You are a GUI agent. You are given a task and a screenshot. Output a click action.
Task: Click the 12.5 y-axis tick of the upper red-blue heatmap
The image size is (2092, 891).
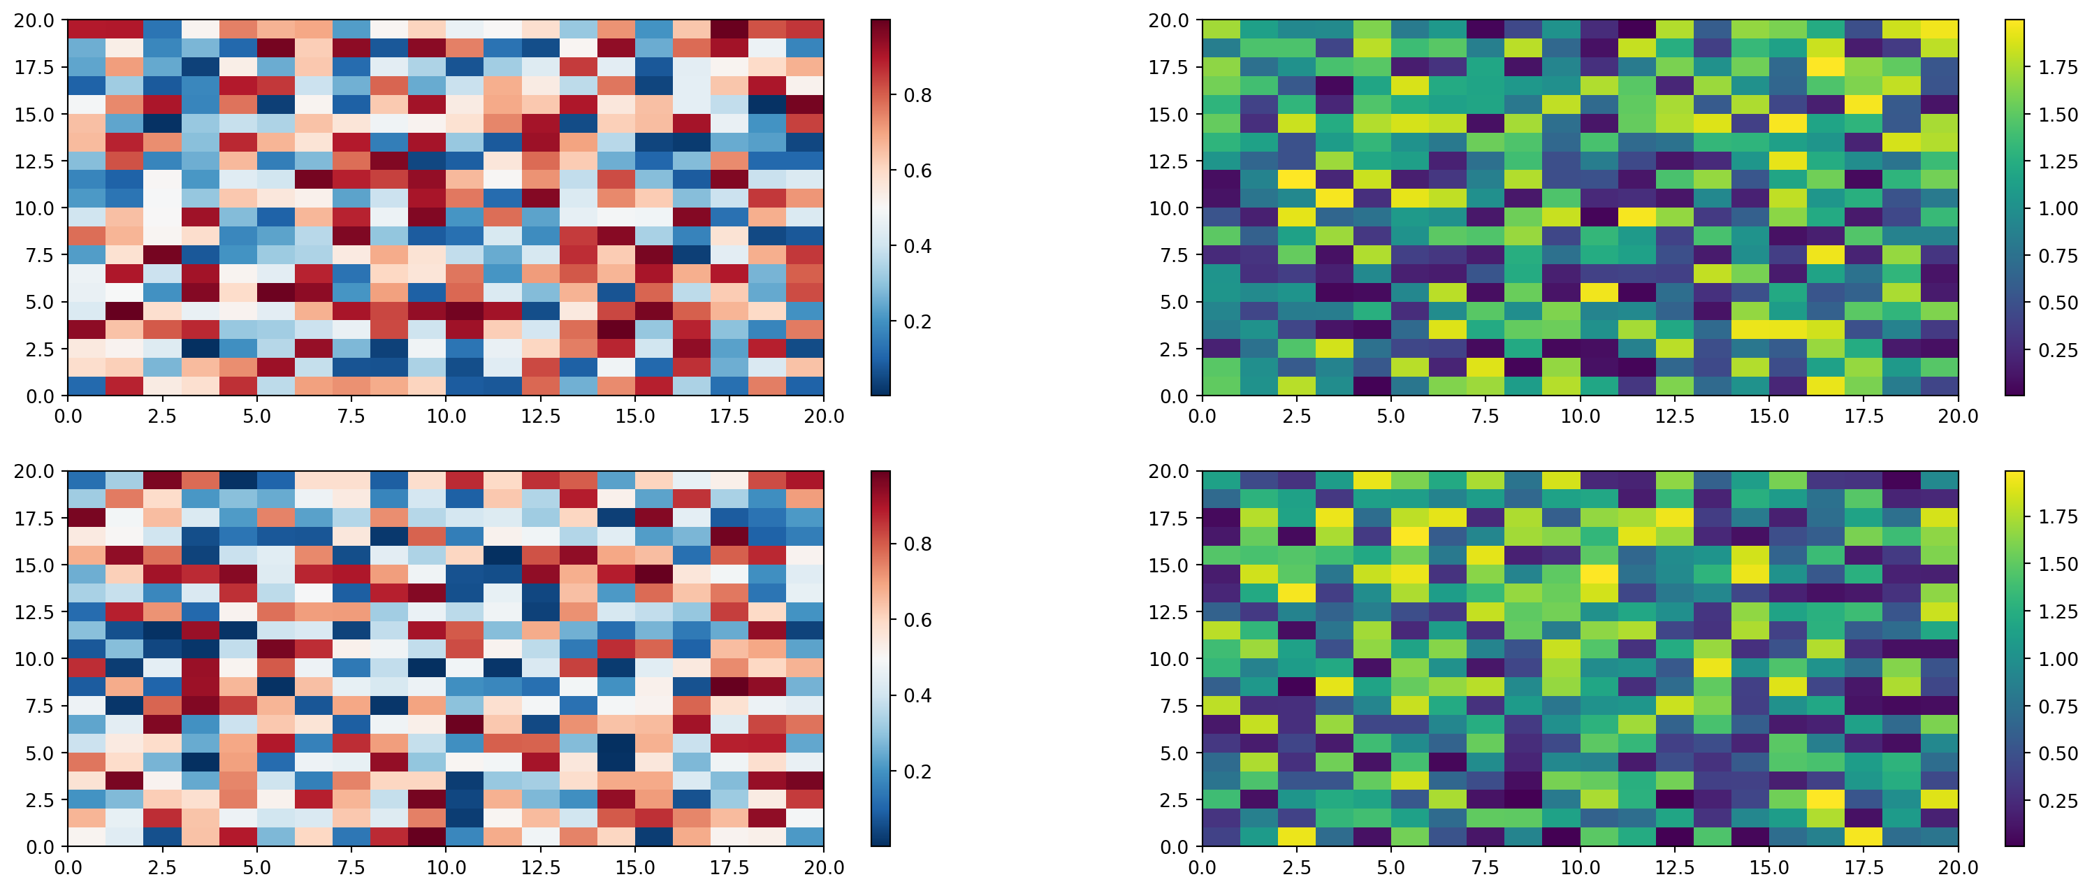point(34,161)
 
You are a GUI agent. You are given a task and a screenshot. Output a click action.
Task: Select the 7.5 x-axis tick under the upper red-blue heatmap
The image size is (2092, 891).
point(351,416)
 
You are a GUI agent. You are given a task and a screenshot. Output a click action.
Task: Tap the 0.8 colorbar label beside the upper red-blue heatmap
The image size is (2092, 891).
point(917,95)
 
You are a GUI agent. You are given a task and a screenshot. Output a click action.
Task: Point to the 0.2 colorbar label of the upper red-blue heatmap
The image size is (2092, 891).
point(917,321)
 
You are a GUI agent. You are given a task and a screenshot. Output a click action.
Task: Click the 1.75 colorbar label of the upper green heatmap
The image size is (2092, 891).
point(2058,67)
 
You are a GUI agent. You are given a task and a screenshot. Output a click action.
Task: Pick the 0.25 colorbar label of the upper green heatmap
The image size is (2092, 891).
point(2058,350)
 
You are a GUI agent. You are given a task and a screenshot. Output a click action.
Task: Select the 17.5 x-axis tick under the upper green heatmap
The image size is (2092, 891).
point(1863,416)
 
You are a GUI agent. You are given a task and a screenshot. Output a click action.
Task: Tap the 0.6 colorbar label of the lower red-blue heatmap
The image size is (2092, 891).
point(917,620)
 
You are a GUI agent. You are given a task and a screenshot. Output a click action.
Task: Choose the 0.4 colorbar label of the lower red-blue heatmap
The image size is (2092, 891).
point(917,695)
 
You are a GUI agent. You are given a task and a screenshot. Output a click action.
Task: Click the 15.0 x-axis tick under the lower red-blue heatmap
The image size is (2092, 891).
point(634,867)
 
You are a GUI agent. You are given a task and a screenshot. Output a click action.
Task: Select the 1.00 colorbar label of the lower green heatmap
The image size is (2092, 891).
point(2058,659)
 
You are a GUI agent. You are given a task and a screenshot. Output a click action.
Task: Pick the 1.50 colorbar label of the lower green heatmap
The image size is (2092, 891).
point(2058,564)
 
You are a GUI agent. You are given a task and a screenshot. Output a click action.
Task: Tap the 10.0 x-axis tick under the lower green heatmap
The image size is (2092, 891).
point(1580,867)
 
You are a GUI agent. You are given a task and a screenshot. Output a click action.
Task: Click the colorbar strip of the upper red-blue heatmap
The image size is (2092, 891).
point(880,208)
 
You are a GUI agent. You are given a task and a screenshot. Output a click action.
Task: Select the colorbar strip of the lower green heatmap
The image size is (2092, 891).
point(2014,659)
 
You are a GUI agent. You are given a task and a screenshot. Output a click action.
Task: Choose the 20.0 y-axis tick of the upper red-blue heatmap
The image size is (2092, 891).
point(34,20)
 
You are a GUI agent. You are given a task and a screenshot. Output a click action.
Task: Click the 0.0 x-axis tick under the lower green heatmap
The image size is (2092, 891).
point(1202,867)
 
